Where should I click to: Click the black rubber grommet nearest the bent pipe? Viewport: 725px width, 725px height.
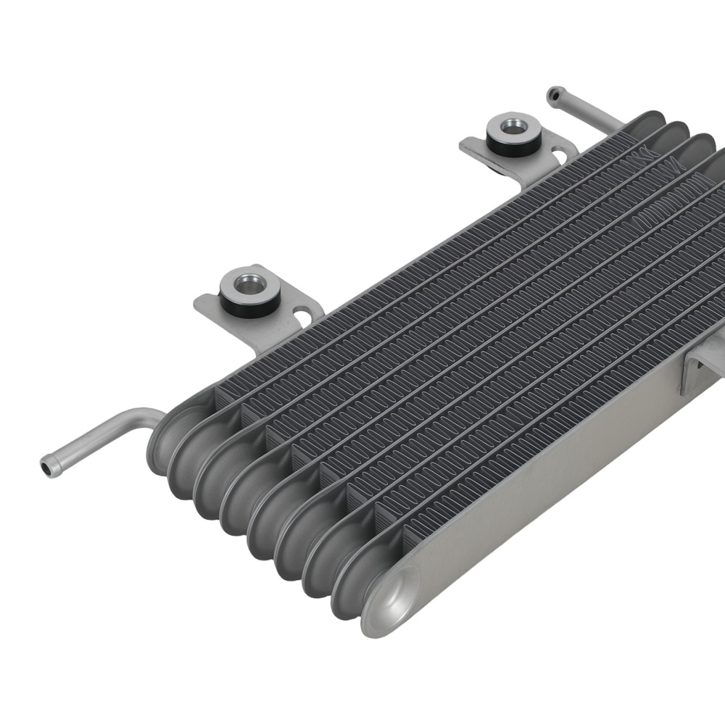(249, 302)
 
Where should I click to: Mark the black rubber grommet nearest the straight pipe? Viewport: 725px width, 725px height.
(513, 146)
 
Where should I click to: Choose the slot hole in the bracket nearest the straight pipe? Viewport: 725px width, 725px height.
(562, 154)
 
